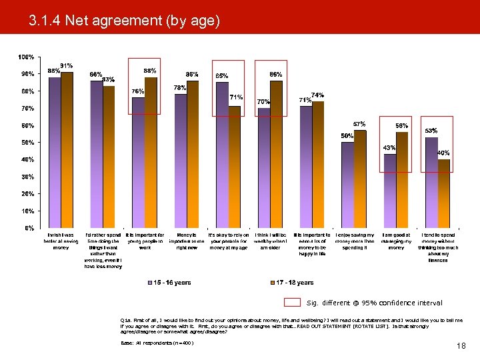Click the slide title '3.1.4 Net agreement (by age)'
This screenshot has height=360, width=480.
point(124,21)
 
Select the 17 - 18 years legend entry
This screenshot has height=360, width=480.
point(296,283)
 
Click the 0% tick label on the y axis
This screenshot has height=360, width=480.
point(30,228)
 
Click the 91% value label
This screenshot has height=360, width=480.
point(67,66)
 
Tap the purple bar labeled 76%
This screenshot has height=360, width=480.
point(138,163)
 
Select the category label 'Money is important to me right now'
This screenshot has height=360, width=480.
point(186,241)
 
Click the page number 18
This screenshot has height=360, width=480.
point(461,347)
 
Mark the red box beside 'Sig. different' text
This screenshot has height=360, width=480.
point(293,302)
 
